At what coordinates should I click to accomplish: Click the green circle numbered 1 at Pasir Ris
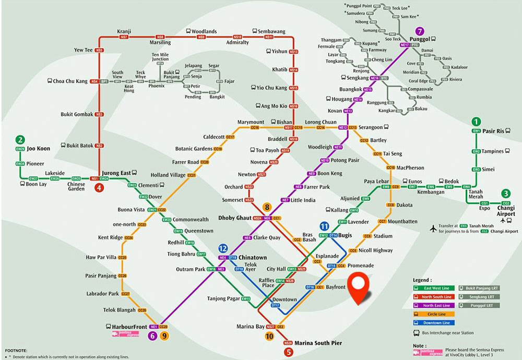point(476,122)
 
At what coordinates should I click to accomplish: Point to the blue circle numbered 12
point(223,248)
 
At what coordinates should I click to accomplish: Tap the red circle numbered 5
point(289,352)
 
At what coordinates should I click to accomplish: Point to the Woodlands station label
point(204,31)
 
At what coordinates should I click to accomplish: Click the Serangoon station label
point(374,127)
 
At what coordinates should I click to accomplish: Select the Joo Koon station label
point(39,148)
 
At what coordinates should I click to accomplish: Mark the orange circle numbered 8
point(267,207)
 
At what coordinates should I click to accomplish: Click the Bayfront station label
point(336,287)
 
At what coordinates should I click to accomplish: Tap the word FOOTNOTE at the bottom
point(16,351)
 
